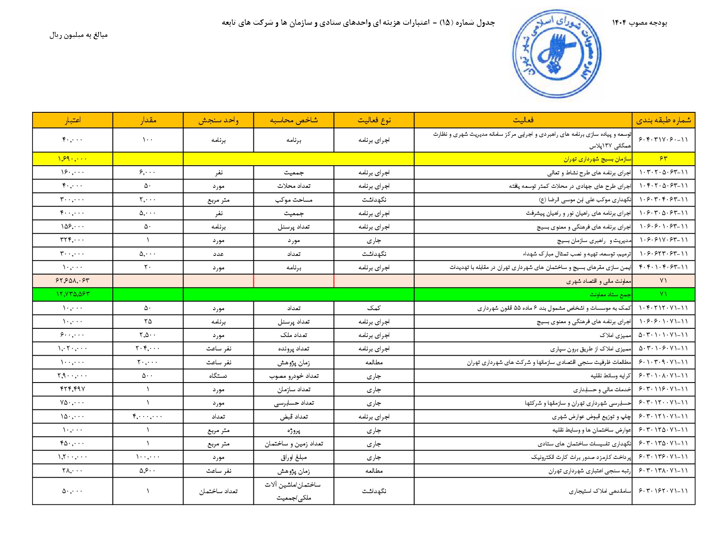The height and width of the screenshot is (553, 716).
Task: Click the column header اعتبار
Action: [72, 120]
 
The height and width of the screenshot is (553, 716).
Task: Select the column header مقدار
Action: [148, 120]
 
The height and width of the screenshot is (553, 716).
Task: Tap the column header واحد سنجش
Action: [218, 120]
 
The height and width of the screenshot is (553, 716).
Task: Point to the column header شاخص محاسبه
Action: [294, 120]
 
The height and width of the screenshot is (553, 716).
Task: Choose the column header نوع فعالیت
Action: [374, 120]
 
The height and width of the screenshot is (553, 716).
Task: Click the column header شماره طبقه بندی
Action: [663, 120]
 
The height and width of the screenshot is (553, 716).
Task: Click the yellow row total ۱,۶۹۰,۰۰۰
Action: [72, 159]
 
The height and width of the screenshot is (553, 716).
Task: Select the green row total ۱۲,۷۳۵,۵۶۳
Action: [72, 294]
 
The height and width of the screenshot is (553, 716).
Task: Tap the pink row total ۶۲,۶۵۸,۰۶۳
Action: [72, 281]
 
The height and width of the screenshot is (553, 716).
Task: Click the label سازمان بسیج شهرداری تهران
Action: [598, 159]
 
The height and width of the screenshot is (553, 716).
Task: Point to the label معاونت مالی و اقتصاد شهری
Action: [598, 281]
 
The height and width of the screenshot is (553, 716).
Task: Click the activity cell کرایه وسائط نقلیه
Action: [611, 376]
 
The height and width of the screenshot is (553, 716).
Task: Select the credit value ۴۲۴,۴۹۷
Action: [72, 389]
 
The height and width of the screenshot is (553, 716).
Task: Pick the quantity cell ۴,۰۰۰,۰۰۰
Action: [148, 416]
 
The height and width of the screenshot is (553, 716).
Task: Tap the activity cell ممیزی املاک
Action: [615, 335]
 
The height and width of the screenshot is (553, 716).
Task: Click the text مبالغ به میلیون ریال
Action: [78, 35]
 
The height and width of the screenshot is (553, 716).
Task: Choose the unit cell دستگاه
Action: [218, 376]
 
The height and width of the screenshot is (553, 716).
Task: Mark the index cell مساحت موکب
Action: [294, 200]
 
